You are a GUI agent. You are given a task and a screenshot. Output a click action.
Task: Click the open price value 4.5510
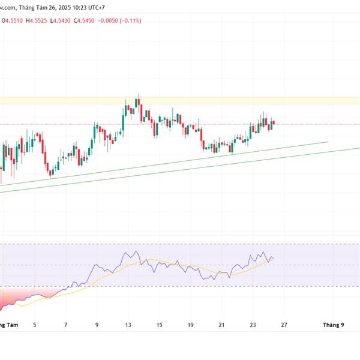tap(13, 20)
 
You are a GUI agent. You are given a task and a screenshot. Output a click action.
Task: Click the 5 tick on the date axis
tap(34, 325)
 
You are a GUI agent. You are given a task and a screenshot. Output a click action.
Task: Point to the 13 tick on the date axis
tap(128, 325)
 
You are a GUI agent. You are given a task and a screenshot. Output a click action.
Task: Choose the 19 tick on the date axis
tap(190, 325)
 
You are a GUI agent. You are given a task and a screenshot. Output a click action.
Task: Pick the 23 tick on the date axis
tap(253, 325)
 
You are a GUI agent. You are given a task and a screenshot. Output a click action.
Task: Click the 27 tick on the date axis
tap(284, 325)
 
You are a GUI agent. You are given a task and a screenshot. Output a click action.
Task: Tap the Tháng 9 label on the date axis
tap(334, 325)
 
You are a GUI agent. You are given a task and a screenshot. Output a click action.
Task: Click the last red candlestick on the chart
tap(274, 124)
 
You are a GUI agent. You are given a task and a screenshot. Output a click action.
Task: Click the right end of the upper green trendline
tap(328, 142)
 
